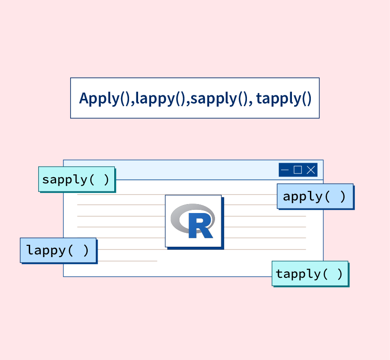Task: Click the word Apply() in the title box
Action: pyautogui.click(x=105, y=98)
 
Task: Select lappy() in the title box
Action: pyautogui.click(x=160, y=98)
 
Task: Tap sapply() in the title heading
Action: pyautogui.click(x=220, y=98)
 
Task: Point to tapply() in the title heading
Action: pyautogui.click(x=284, y=98)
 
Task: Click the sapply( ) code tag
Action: pyautogui.click(x=76, y=179)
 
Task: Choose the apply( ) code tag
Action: pyautogui.click(x=315, y=196)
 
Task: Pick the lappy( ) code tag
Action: pyautogui.click(x=58, y=250)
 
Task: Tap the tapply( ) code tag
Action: pyautogui.click(x=310, y=273)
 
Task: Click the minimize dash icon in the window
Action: pyautogui.click(x=285, y=170)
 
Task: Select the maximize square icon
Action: pyautogui.click(x=298, y=170)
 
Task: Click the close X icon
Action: pyautogui.click(x=311, y=170)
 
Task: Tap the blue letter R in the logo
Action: pyautogui.click(x=201, y=225)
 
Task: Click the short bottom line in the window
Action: pyautogui.click(x=127, y=261)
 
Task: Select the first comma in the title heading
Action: pyautogui.click(x=133, y=102)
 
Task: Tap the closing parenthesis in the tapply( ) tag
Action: pyautogui.click(x=340, y=274)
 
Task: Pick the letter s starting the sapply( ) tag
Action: pyautogui.click(x=45, y=180)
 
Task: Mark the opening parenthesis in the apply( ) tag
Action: pyautogui.click(x=327, y=197)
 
